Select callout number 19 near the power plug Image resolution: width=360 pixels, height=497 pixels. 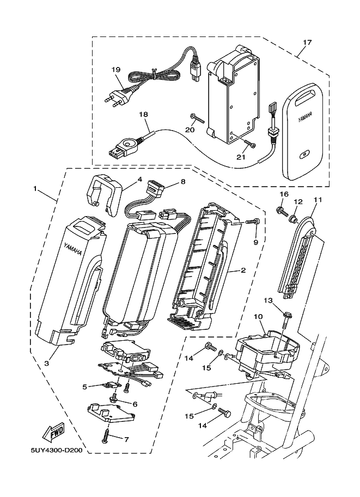(116, 70)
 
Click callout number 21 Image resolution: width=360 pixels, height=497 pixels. (241, 157)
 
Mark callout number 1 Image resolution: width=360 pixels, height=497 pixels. (35, 189)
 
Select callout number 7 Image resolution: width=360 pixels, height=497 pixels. (127, 439)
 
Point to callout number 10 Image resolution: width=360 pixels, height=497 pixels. (258, 316)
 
